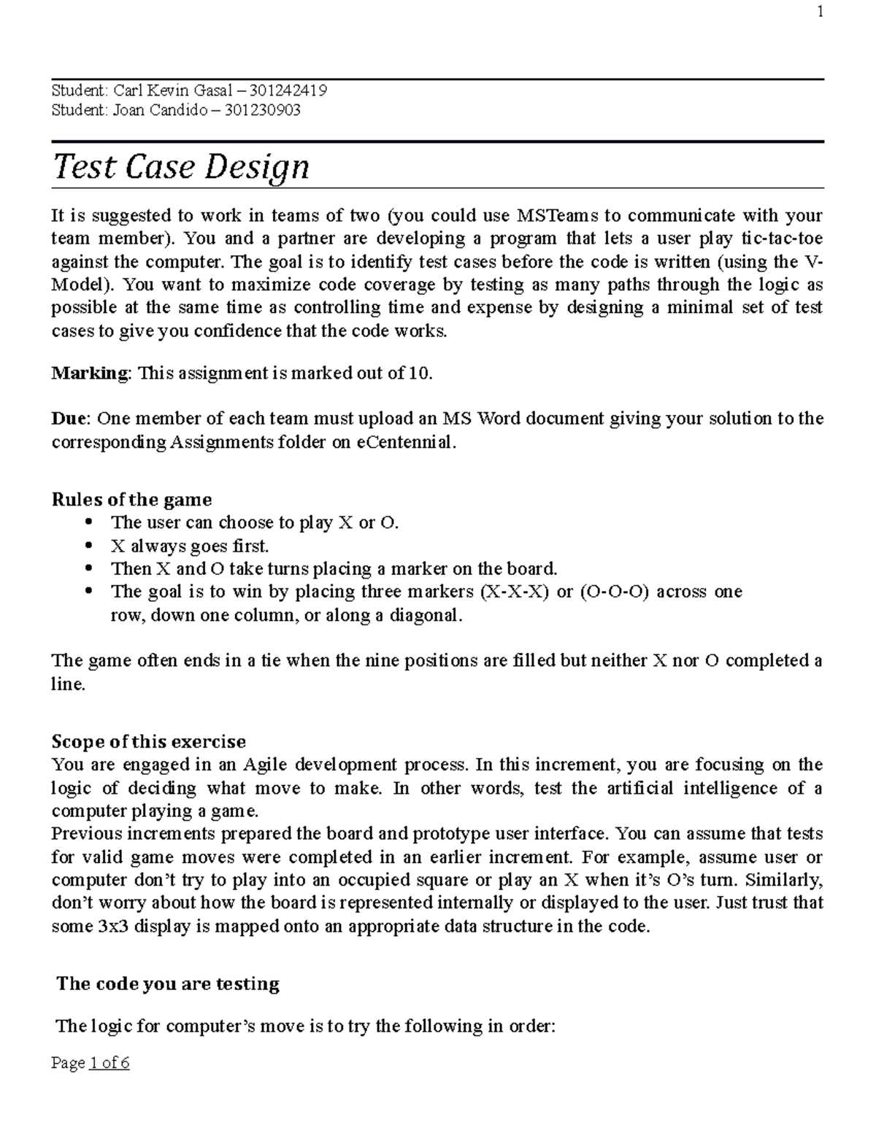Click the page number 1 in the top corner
point(821,12)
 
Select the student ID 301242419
point(288,90)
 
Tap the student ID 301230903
point(262,110)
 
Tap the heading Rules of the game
point(131,500)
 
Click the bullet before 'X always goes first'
point(90,545)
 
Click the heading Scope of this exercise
point(148,742)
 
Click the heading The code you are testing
point(168,984)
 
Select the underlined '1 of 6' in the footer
point(109,1063)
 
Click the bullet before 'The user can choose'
point(90,522)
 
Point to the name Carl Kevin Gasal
point(170,90)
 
